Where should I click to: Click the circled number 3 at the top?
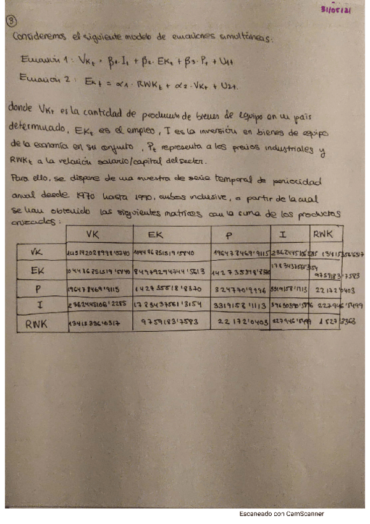(11, 20)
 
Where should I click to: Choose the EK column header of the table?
(157, 235)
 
